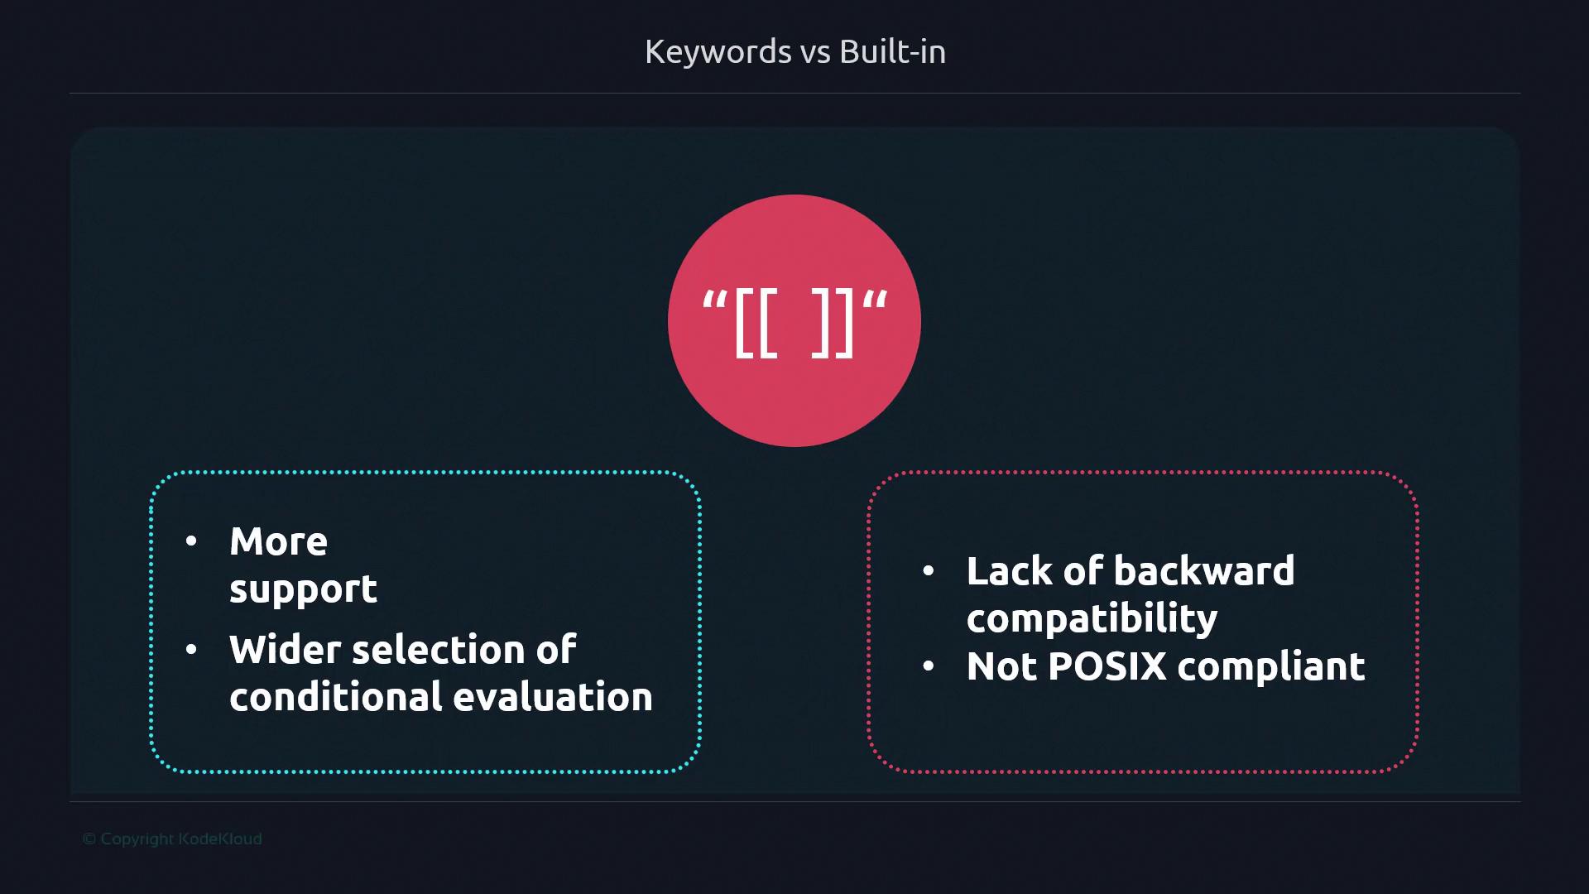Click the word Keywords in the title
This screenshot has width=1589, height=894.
[x=718, y=52]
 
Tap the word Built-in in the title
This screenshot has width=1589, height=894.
[x=892, y=51]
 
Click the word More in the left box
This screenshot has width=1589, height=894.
[x=278, y=541]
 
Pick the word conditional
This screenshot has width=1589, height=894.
[x=335, y=697]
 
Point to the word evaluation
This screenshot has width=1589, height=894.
[x=553, y=697]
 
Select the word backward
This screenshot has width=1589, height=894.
[x=1204, y=571]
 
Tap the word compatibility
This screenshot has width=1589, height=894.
[x=1092, y=619]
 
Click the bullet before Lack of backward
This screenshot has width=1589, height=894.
[x=929, y=571]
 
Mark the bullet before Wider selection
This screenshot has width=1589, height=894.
[x=192, y=650]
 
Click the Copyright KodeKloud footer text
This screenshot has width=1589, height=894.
[x=172, y=839]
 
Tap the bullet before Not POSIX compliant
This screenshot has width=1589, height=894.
[x=929, y=666]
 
